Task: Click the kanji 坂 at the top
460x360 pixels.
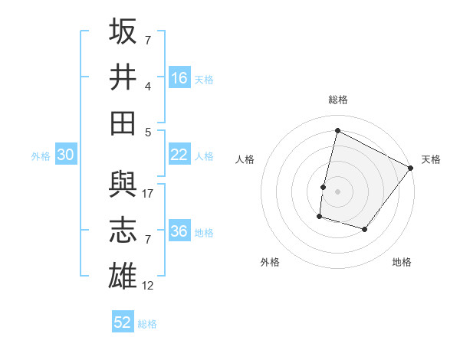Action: pyautogui.click(x=123, y=31)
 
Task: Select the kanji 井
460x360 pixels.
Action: pyautogui.click(x=123, y=77)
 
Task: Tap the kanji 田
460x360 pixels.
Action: pyautogui.click(x=123, y=123)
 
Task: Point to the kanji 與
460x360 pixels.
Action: pyautogui.click(x=123, y=185)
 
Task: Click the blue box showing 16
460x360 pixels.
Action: pyautogui.click(x=179, y=78)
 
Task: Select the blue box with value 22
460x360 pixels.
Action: pyautogui.click(x=179, y=155)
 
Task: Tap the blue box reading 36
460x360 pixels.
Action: pyautogui.click(x=179, y=231)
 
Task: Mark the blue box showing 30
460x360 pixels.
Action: pyautogui.click(x=66, y=155)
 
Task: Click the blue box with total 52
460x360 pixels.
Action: pyautogui.click(x=123, y=322)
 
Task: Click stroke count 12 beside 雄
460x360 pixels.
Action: pyautogui.click(x=149, y=286)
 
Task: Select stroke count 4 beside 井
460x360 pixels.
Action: pyautogui.click(x=149, y=86)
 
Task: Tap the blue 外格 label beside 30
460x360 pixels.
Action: pyautogui.click(x=41, y=155)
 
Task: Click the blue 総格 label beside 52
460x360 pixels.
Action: pyautogui.click(x=147, y=323)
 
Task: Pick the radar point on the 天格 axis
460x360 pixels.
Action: pyautogui.click(x=411, y=168)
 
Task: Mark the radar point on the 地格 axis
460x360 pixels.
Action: pyautogui.click(x=365, y=229)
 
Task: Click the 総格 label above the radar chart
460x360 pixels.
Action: pyautogui.click(x=338, y=100)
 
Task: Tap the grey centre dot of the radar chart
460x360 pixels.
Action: pyautogui.click(x=337, y=191)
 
